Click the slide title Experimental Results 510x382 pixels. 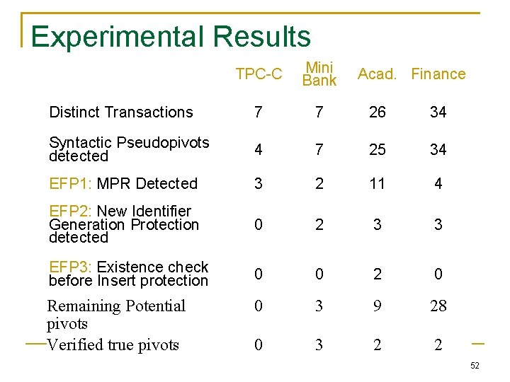tap(171, 37)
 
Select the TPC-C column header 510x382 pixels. tap(259, 74)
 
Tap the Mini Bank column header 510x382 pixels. tap(319, 74)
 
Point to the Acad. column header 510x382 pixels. tap(378, 74)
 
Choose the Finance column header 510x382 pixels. tap(438, 74)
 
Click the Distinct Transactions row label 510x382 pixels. tap(120, 112)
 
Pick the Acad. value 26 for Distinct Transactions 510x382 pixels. tap(378, 112)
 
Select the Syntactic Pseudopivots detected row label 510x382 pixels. tap(129, 149)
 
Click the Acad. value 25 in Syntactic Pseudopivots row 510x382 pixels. tap(378, 149)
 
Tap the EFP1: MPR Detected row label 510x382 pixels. tap(123, 184)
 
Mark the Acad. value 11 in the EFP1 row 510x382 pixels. tap(378, 184)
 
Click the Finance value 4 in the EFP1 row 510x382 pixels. tap(438, 184)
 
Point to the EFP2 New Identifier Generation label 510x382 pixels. tap(124, 224)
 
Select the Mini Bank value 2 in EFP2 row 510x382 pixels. tap(319, 225)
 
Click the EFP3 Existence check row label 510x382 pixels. tap(128, 274)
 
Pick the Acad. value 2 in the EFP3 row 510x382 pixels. tap(378, 274)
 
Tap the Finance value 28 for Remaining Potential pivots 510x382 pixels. tap(438, 306)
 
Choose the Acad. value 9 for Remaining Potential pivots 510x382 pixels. tap(378, 306)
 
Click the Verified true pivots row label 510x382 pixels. tap(113, 345)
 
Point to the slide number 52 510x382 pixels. tap(475, 366)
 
